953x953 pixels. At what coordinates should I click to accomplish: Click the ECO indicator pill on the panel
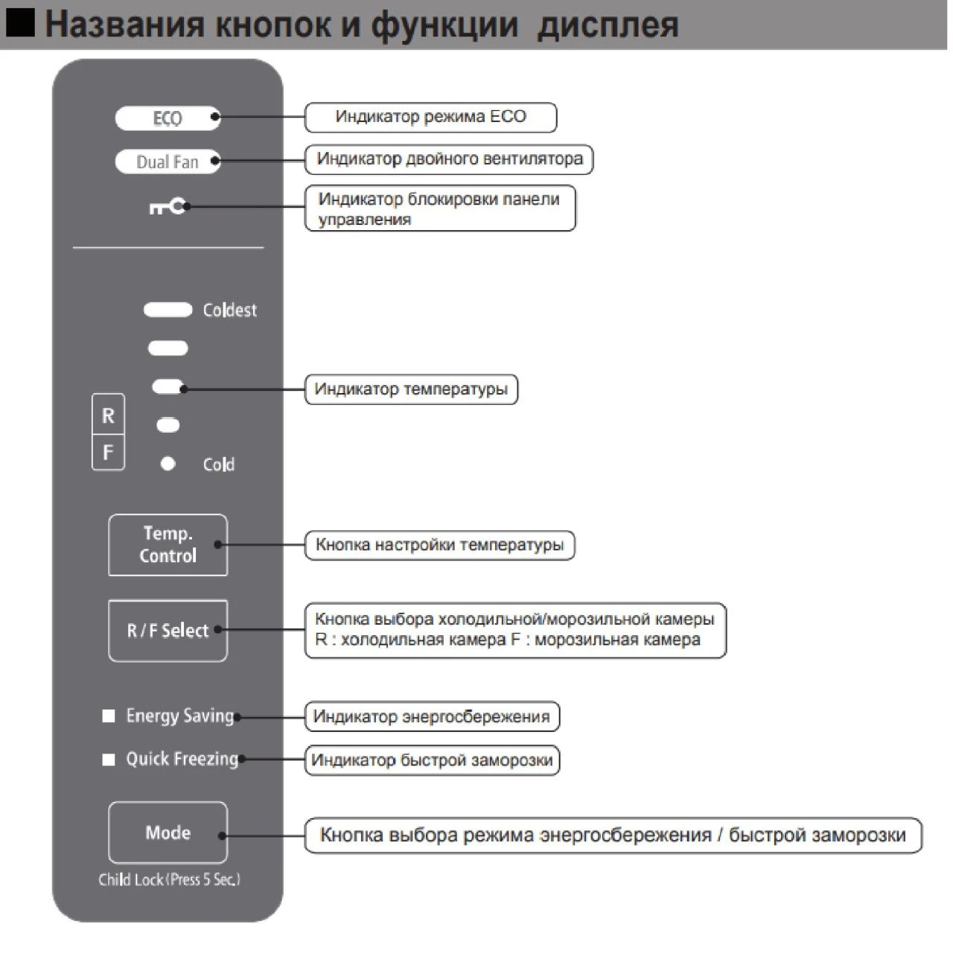(x=168, y=118)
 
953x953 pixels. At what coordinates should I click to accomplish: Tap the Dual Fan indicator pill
(x=168, y=162)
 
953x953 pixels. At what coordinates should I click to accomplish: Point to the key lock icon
(x=168, y=206)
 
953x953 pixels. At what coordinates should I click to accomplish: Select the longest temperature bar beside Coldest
(x=168, y=310)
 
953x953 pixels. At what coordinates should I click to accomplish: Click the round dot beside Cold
(x=168, y=464)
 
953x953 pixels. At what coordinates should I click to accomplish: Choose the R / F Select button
(x=168, y=631)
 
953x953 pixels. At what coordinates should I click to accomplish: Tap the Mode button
(x=168, y=832)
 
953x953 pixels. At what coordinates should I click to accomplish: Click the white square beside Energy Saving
(x=109, y=716)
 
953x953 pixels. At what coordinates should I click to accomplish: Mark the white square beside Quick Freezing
(x=109, y=759)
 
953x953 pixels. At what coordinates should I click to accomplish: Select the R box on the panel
(x=108, y=415)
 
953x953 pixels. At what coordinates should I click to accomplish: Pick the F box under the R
(x=108, y=453)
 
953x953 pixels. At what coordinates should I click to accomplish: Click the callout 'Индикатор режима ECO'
(x=430, y=117)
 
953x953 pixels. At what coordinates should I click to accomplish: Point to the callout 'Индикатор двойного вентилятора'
(x=449, y=159)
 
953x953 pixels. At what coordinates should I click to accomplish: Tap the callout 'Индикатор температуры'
(x=411, y=389)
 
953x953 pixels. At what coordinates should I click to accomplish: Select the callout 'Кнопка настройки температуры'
(x=439, y=545)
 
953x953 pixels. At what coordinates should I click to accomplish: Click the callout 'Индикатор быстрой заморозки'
(x=432, y=760)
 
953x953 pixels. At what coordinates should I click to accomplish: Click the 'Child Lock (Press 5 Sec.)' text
(x=169, y=880)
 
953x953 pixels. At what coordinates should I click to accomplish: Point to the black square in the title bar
(x=20, y=23)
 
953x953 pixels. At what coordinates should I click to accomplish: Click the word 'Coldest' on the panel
(x=229, y=310)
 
